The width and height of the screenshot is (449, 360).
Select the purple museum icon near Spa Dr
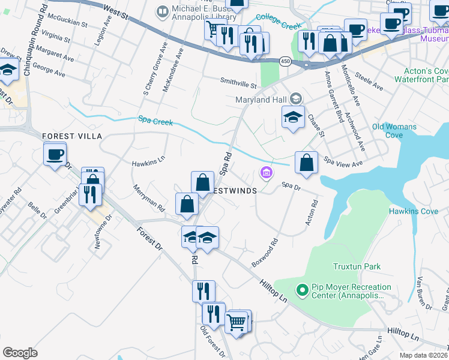267,173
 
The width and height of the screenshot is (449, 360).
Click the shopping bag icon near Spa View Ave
306,163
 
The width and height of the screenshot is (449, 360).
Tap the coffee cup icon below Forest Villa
55,155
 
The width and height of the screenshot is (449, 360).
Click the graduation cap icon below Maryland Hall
293,117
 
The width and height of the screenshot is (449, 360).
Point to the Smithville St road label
238,86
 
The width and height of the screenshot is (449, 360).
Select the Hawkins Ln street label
148,162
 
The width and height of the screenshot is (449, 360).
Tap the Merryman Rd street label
149,197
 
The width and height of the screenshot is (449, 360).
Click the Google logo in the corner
20,352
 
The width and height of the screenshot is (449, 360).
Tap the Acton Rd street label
310,213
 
